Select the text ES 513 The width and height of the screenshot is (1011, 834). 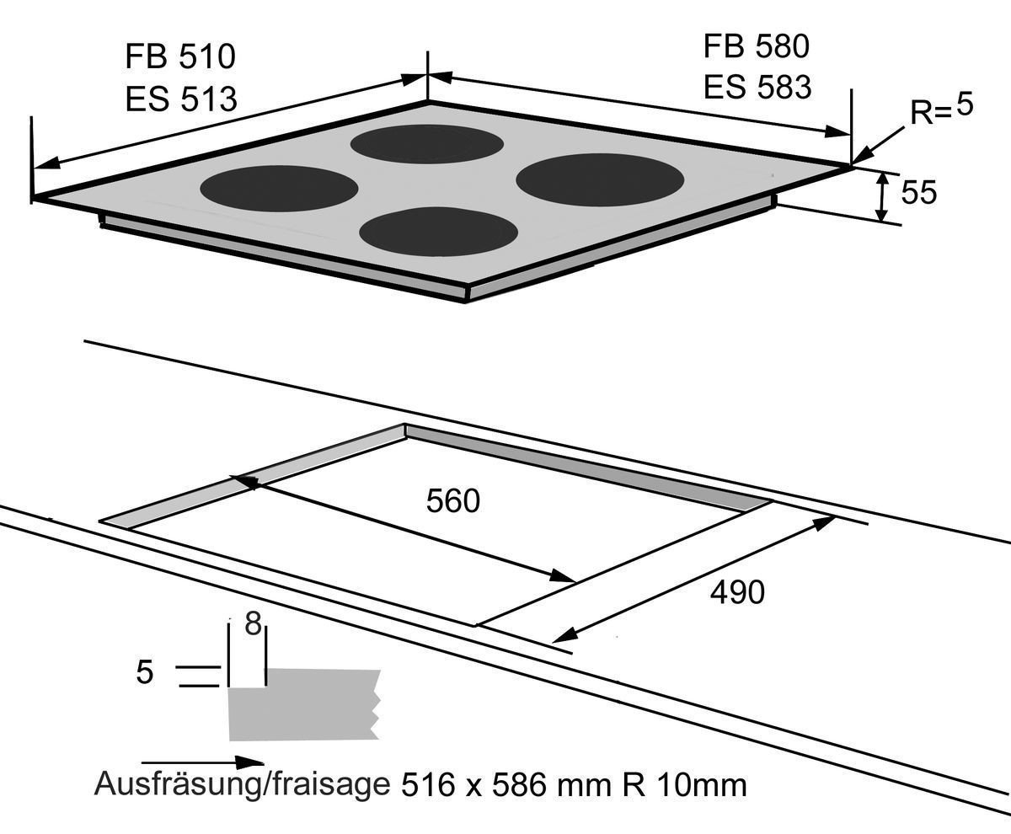pos(180,99)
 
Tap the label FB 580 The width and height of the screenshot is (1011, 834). pos(756,46)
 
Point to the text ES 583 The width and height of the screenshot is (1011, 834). pos(757,87)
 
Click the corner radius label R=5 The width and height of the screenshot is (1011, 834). pos(941,110)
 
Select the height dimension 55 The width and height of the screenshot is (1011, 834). pos(918,193)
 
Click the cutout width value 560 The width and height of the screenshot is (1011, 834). pos(452,501)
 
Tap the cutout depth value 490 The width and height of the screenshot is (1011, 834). pos(737,593)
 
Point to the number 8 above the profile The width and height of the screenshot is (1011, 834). pos(251,625)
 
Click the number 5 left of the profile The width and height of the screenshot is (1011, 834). pos(145,672)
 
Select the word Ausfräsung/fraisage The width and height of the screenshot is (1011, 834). pos(242,785)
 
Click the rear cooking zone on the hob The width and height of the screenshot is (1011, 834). pos(426,143)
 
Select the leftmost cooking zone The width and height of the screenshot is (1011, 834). pos(279,186)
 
